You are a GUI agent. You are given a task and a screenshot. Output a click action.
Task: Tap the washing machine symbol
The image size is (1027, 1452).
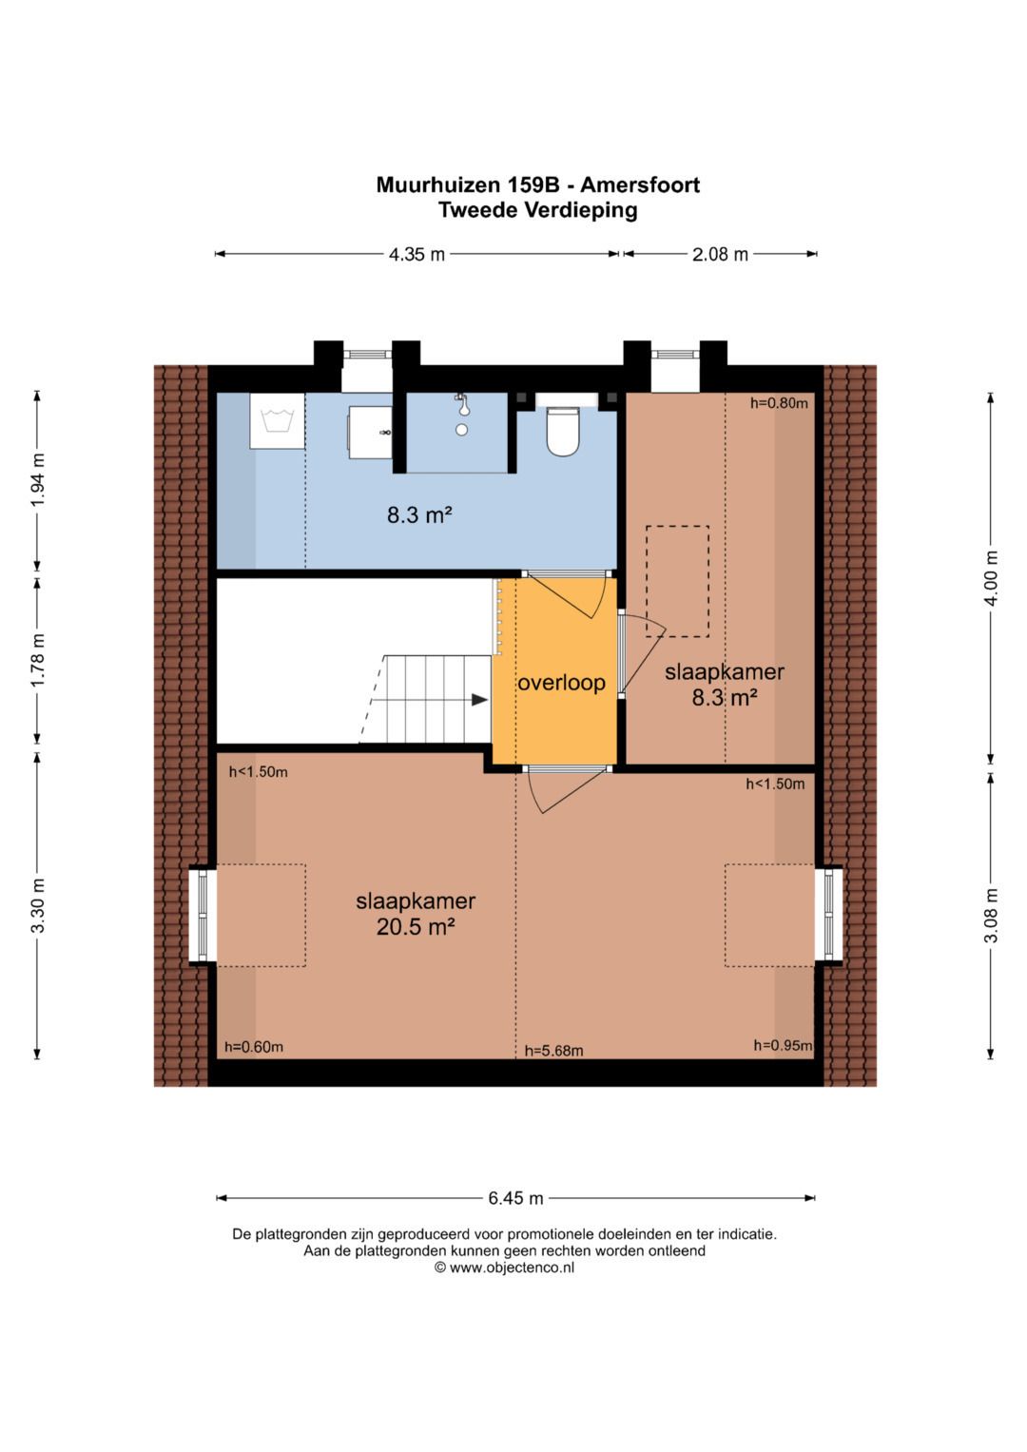pos(277,420)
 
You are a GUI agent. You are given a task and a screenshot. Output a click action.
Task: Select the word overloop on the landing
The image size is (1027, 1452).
pos(561,683)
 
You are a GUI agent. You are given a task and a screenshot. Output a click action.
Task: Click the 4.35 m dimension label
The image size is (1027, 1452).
pos(417,255)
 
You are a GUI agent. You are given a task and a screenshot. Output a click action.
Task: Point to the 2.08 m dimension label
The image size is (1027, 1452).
pos(720,255)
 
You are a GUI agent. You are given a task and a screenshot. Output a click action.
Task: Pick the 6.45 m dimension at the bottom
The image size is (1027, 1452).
pos(515,1198)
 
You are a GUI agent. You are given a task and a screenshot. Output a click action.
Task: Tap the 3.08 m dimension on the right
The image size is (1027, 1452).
pos(991,915)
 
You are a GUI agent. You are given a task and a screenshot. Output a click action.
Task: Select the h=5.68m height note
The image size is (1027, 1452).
pos(553,1051)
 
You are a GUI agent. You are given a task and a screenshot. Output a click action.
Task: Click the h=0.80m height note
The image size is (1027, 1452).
pos(779,403)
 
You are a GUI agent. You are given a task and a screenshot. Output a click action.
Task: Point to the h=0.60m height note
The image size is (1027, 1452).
pos(254,1047)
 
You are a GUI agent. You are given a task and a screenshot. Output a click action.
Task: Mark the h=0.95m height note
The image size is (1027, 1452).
pos(783,1045)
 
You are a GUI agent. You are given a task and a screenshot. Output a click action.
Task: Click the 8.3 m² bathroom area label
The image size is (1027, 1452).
pos(418,515)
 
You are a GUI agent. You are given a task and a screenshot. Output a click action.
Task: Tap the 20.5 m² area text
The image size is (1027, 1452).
pos(416,926)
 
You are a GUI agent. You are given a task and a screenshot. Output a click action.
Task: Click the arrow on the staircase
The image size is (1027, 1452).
pos(479,700)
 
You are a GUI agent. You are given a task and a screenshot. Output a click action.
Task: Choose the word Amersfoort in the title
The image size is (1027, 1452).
pos(640,185)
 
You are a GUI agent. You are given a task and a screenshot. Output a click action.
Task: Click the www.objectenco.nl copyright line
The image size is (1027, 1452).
pos(504,1268)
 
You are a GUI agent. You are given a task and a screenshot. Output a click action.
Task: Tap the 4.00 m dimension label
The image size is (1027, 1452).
pos(991,577)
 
